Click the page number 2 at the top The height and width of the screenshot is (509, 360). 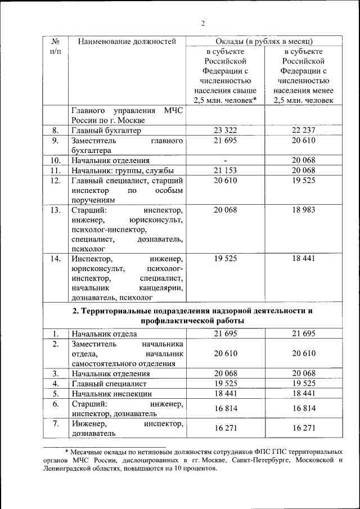point(202,23)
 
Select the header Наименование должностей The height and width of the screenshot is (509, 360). point(127,42)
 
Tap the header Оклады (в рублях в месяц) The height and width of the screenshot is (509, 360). point(264,42)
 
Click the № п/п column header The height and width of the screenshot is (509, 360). point(56,46)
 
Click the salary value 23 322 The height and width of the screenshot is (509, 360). point(225,130)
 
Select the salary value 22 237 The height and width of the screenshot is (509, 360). point(304,130)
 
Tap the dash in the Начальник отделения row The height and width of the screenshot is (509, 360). point(225,160)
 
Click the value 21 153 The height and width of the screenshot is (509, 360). point(225,170)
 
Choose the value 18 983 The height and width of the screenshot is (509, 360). point(304,210)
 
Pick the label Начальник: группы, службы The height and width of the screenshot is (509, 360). point(122,170)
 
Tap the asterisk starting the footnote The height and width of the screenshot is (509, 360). point(66,451)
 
